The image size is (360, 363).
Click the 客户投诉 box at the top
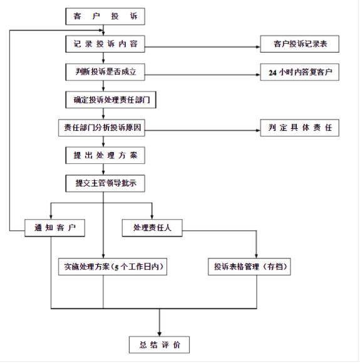click(x=105, y=16)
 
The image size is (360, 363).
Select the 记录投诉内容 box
click(x=105, y=44)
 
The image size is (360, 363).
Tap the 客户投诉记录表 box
click(x=299, y=44)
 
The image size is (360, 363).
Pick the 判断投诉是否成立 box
click(x=105, y=72)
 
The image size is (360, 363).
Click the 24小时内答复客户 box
click(x=299, y=72)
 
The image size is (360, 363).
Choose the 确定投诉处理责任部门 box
click(x=111, y=100)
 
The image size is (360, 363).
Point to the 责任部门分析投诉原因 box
click(x=101, y=128)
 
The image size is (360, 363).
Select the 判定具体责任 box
click(x=299, y=128)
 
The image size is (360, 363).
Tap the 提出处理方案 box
click(x=105, y=155)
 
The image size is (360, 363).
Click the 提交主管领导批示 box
click(x=105, y=183)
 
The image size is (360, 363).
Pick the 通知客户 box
click(x=54, y=228)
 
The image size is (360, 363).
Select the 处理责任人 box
click(x=152, y=228)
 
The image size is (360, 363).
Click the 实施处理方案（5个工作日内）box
click(x=113, y=267)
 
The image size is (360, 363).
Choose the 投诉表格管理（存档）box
click(x=249, y=267)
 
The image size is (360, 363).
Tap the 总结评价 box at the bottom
click(x=160, y=345)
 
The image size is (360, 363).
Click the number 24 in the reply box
click(x=273, y=73)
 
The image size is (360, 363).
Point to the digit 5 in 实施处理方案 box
click(x=116, y=267)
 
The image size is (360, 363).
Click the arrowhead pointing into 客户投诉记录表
click(x=258, y=47)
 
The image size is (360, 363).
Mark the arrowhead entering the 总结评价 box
click(x=160, y=334)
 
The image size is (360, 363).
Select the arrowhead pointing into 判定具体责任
click(x=258, y=130)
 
